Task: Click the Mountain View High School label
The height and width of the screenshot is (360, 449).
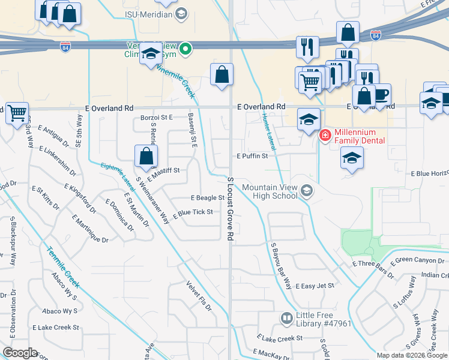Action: pos(270,191)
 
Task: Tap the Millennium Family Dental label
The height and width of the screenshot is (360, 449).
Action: pos(355,136)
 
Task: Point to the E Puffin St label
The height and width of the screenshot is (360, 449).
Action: pos(251,156)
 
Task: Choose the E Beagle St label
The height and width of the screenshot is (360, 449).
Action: pos(207,197)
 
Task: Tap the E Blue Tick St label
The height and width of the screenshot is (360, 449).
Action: pos(193,213)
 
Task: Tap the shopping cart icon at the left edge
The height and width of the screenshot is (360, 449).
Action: pos(17,112)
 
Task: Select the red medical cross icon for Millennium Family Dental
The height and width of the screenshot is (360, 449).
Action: pos(325,136)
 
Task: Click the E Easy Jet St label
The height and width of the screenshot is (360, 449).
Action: pos(315,286)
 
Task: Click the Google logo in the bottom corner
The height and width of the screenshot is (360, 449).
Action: pos(20,352)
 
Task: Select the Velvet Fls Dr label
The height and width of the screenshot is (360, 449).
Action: pos(199,296)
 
